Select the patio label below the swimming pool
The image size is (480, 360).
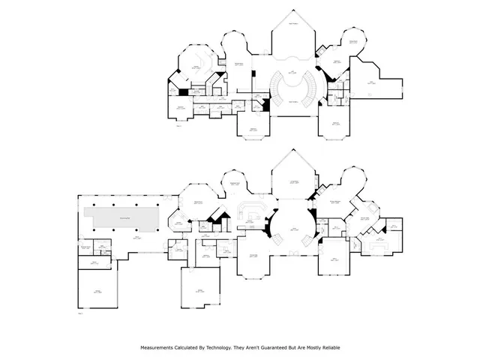point(136,238)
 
